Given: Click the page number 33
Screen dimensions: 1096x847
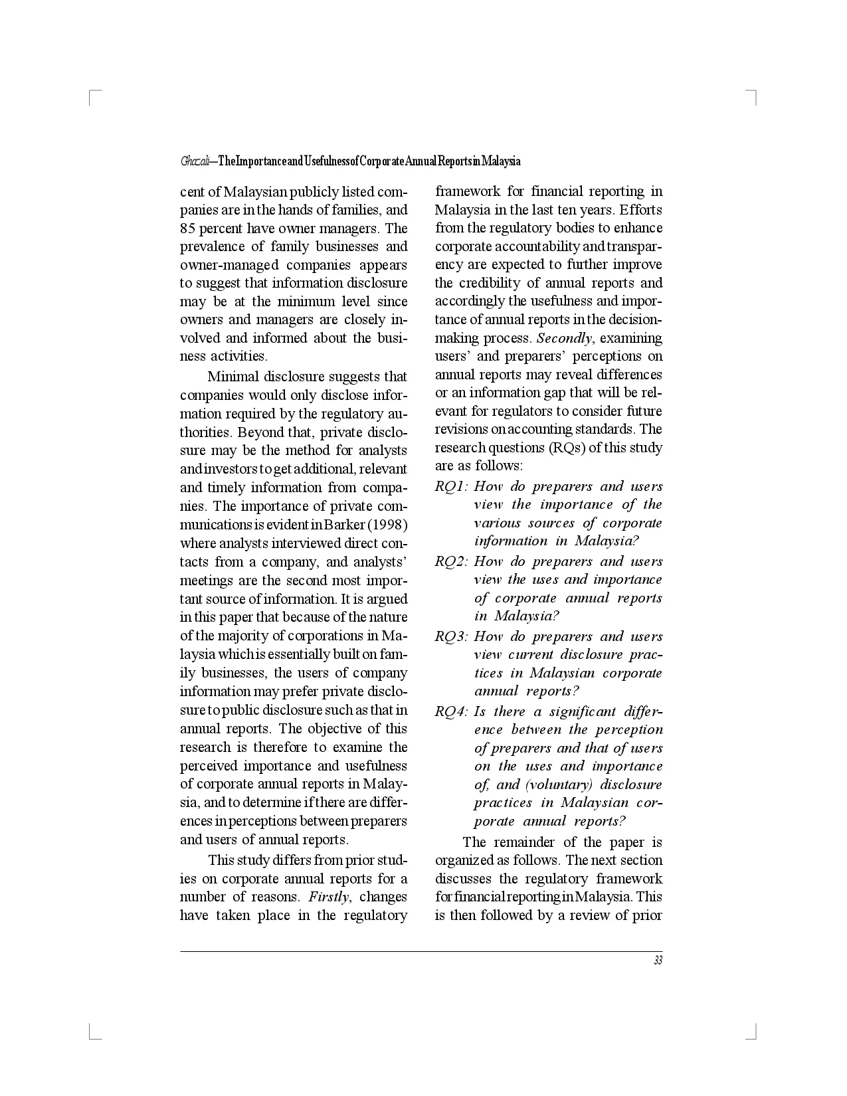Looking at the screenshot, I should tap(658, 960).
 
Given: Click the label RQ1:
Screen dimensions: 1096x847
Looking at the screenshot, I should tap(452, 487).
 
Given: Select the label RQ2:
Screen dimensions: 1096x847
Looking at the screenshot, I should tap(452, 562).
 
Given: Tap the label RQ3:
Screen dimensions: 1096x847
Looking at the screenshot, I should tap(452, 637).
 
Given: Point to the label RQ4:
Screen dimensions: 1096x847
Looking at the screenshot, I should tap(452, 712).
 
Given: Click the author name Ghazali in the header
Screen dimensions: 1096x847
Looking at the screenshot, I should tap(195, 161).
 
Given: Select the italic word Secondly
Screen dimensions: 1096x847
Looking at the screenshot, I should tap(563, 338).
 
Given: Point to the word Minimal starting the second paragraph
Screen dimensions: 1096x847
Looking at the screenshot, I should tap(233, 377).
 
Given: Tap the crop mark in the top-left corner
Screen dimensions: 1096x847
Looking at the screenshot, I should tap(92, 94).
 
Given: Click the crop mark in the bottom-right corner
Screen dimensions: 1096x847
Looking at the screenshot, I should tap(754, 1034).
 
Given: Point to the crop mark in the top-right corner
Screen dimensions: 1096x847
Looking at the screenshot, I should tap(754, 94).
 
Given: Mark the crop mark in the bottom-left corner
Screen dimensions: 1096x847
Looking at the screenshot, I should tap(92, 1034).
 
